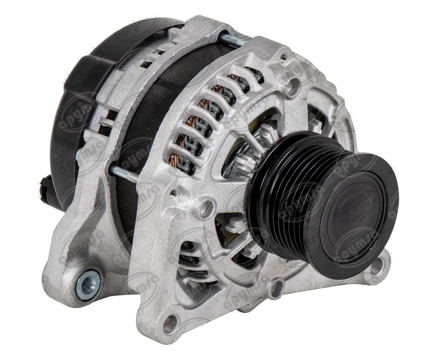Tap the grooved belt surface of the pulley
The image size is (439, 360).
282,190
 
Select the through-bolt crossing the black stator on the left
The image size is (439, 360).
124,173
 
